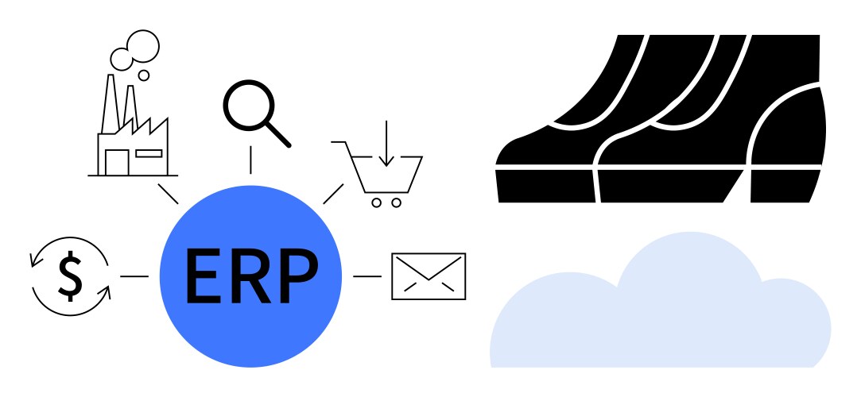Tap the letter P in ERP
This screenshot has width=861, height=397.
pos(298,276)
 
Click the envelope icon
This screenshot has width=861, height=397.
pos(429,276)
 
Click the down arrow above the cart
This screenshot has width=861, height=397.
pos(386,146)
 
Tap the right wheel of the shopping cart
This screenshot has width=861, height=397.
pos(396,202)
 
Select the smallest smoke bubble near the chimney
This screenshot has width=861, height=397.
pos(144,76)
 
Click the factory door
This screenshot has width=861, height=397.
pos(116,162)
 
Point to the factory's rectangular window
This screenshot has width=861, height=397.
pos(149,152)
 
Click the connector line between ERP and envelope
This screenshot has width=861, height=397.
pos(367,276)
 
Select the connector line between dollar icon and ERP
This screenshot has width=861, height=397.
pos(134,276)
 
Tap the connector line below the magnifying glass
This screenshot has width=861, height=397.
pos(251,160)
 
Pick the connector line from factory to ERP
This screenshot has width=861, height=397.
pos(168,194)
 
